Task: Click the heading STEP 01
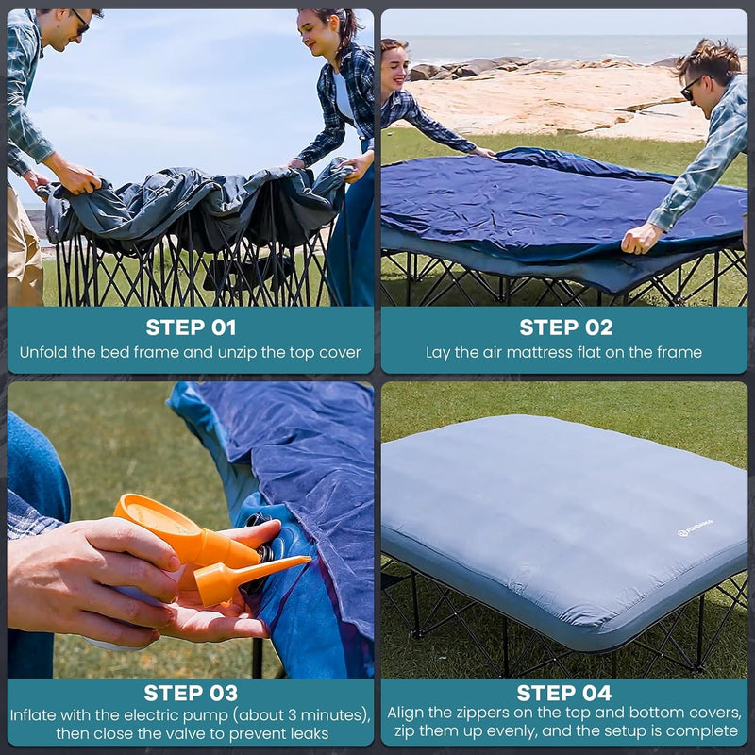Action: pos(191,327)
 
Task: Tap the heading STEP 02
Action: pos(565,327)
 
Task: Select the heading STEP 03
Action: pos(191,693)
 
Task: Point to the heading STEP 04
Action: pos(565,693)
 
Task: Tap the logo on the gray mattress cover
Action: pos(696,528)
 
